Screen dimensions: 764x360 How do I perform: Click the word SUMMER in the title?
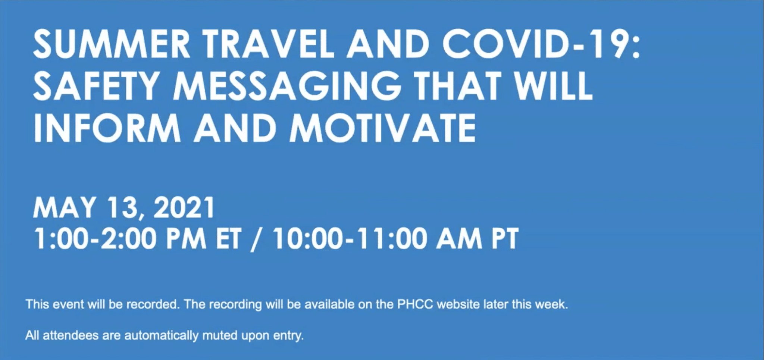tap(112, 44)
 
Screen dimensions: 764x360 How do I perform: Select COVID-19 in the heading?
tap(541, 44)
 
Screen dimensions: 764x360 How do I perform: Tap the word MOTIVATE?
tap(383, 128)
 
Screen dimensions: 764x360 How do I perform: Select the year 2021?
tap(184, 207)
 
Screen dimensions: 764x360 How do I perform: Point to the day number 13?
tap(122, 208)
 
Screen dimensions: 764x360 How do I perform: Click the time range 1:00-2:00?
tap(95, 239)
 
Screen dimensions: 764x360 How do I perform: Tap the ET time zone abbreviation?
tap(229, 239)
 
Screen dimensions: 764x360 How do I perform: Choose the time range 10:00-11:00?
tap(350, 239)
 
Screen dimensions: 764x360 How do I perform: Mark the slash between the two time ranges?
tap(257, 240)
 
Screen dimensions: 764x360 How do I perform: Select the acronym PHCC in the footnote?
tap(415, 304)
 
